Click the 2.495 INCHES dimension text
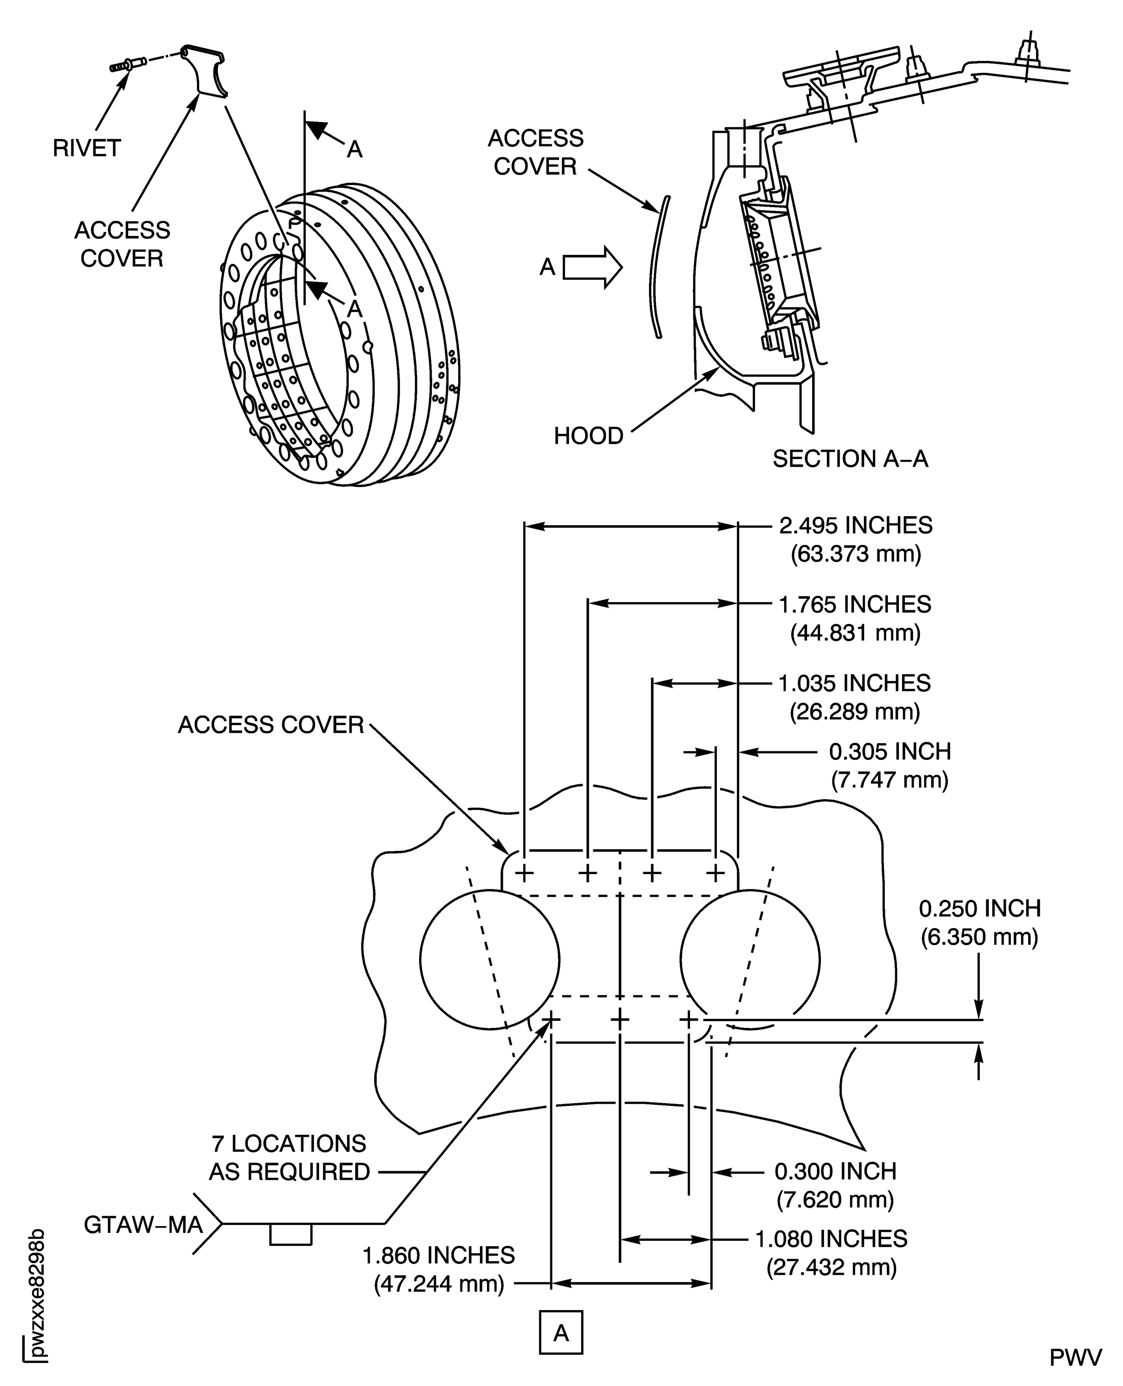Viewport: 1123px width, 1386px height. pos(855,525)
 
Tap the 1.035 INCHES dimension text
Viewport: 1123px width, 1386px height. pos(854,683)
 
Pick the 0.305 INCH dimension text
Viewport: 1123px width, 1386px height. pos(890,752)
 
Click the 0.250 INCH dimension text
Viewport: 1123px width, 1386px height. pos(980,909)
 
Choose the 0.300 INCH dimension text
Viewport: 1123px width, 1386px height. pos(835,1171)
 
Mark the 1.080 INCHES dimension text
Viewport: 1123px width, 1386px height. pos(831,1238)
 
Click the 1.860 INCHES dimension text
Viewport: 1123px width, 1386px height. pos(439,1255)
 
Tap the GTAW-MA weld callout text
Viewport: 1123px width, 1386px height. pos(143,1225)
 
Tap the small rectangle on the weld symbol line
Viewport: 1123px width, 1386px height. pos(291,1234)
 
